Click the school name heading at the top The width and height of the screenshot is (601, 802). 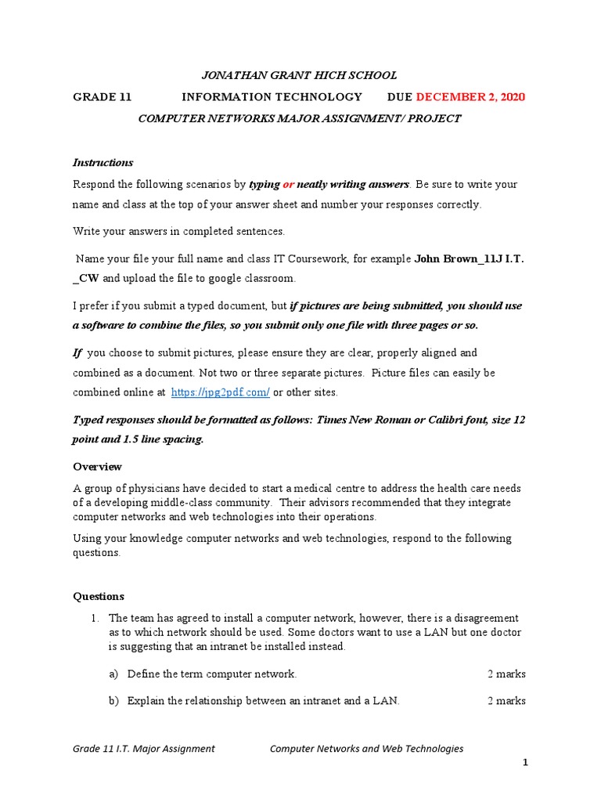pyautogui.click(x=300, y=75)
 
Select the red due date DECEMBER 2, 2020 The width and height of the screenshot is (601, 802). pyautogui.click(x=470, y=97)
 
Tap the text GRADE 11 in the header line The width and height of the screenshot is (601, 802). pyautogui.click(x=103, y=97)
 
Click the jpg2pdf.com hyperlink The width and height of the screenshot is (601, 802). pyautogui.click(x=220, y=392)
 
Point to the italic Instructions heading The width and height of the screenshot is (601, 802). pyautogui.click(x=103, y=163)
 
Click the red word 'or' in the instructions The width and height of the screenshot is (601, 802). pyautogui.click(x=287, y=185)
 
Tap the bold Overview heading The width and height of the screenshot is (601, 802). pyautogui.click(x=97, y=467)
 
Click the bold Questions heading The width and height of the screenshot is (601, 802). pyautogui.click(x=99, y=597)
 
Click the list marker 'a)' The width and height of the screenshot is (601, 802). pyautogui.click(x=114, y=674)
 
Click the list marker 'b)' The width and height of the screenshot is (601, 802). pyautogui.click(x=114, y=701)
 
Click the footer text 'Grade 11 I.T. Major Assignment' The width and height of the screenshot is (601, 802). pyautogui.click(x=144, y=749)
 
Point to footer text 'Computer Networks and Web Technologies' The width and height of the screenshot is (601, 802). pyautogui.click(x=366, y=749)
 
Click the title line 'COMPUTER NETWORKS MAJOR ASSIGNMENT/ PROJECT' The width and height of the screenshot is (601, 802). pyautogui.click(x=300, y=119)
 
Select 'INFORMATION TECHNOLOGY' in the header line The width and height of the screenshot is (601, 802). pyautogui.click(x=272, y=97)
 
